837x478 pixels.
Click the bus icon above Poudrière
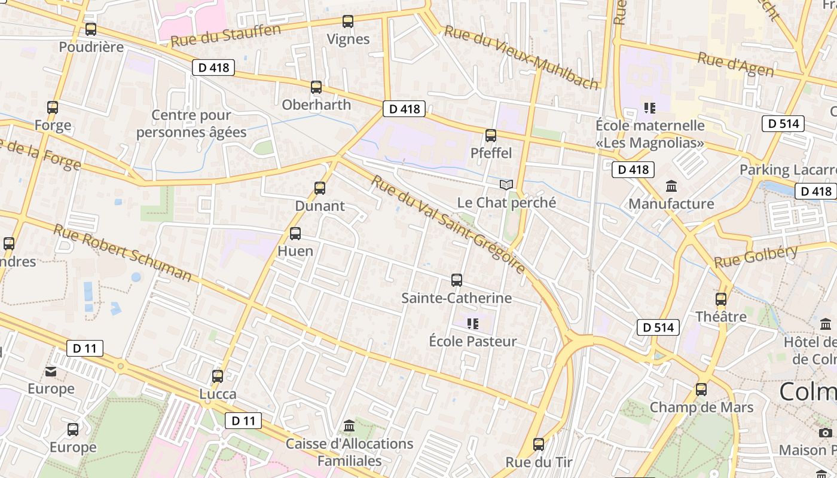click(x=91, y=29)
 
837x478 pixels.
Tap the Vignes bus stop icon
click(x=348, y=22)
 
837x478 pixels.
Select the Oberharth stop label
click(x=316, y=105)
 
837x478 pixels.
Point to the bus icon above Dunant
click(x=320, y=188)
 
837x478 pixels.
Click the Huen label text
click(x=295, y=251)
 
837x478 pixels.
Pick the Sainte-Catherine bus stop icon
click(x=457, y=280)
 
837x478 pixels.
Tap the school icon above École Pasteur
click(x=473, y=324)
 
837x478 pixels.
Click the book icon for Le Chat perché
click(x=506, y=185)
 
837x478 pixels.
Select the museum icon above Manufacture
click(x=671, y=186)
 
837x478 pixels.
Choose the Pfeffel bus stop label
click(x=491, y=153)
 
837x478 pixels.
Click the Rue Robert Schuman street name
click(x=123, y=252)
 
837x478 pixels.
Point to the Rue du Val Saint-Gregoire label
click(x=448, y=224)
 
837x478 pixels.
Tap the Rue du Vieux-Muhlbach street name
click(x=521, y=58)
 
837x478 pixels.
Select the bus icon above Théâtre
click(x=721, y=299)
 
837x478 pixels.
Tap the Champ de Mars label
click(x=701, y=407)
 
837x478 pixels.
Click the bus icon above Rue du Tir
click(x=539, y=445)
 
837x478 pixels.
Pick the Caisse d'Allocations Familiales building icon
click(x=349, y=426)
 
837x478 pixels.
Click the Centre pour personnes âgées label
click(x=191, y=124)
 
